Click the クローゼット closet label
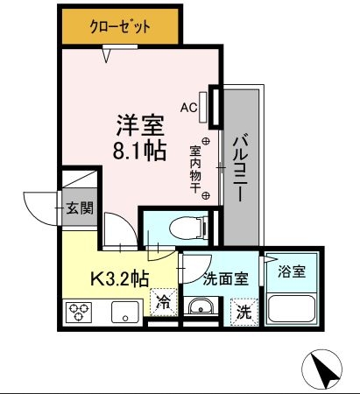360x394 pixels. pyautogui.click(x=121, y=27)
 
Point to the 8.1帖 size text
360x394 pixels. pyautogui.click(x=138, y=150)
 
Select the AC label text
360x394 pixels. pyautogui.click(x=188, y=108)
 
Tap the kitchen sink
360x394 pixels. pyautogui.click(x=122, y=312)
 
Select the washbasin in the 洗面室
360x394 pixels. pyautogui.click(x=201, y=307)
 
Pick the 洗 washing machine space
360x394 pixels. pyautogui.click(x=245, y=311)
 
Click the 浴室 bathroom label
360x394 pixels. pyautogui.click(x=292, y=271)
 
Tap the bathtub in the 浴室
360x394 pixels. pyautogui.click(x=292, y=307)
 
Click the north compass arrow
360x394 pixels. pyautogui.click(x=322, y=370)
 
